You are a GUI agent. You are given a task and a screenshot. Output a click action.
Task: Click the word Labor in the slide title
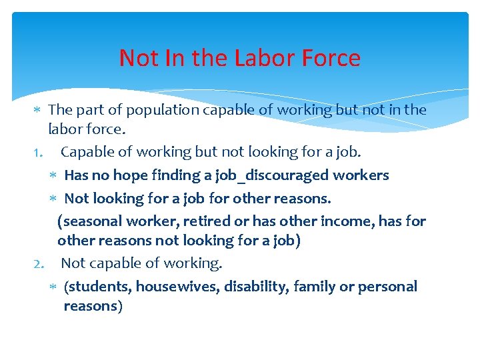(259, 58)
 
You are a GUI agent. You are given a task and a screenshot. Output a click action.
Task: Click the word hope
(133, 175)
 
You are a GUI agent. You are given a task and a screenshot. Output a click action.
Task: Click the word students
(99, 287)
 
